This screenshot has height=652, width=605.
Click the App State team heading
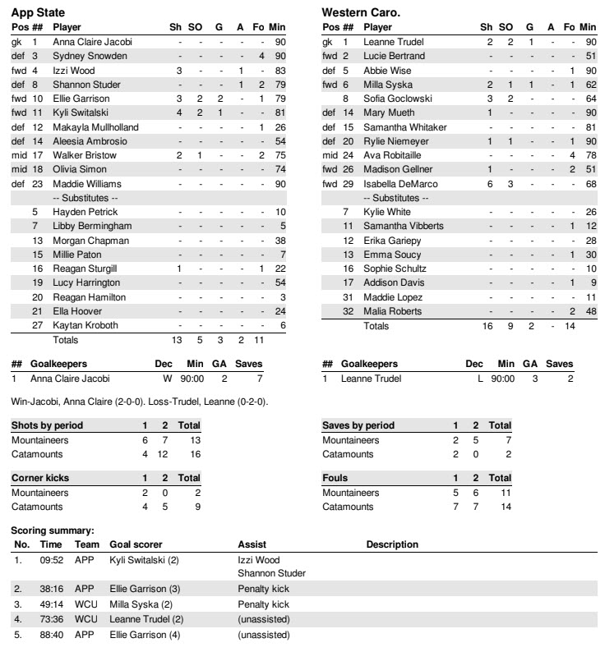[38, 13]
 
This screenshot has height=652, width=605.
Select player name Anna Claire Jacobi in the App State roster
[92, 41]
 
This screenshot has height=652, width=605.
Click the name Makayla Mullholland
[95, 127]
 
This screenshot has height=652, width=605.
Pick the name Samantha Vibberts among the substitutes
[404, 226]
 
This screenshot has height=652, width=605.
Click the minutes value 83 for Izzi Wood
[280, 70]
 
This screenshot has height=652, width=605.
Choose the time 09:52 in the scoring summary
[51, 559]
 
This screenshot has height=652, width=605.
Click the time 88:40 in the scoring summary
[51, 635]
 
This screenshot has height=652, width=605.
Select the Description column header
[392, 544]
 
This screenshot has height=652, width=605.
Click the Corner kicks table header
[39, 478]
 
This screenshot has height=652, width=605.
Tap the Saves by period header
[358, 425]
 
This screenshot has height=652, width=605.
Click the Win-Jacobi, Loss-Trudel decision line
[139, 402]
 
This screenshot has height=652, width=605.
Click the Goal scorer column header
[136, 544]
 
